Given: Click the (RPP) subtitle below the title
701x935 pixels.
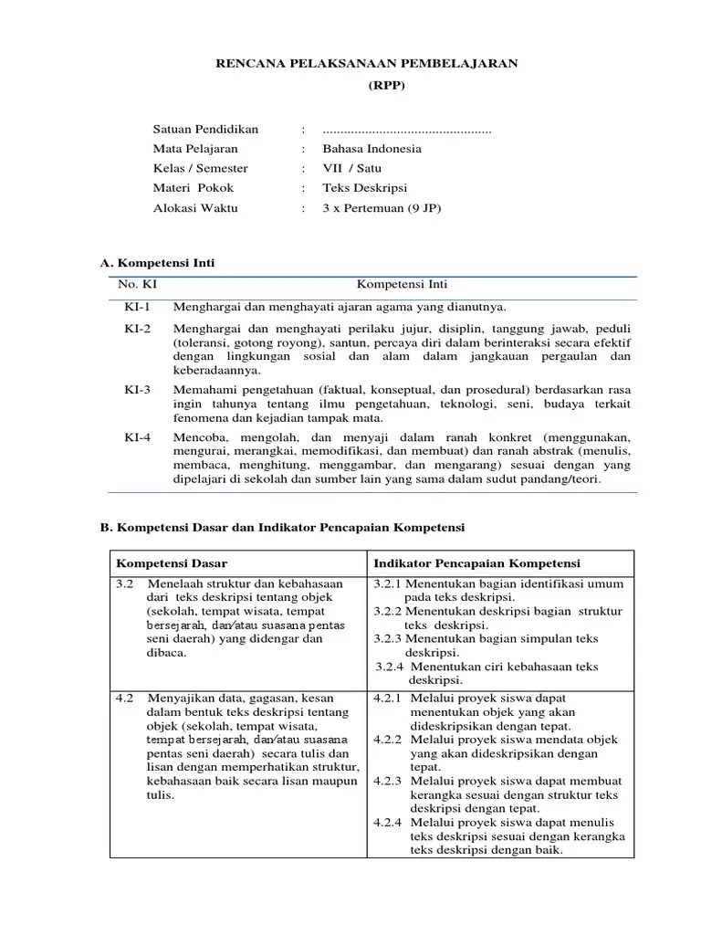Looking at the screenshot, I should [366, 88].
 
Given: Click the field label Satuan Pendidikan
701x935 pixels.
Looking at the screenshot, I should [205, 130].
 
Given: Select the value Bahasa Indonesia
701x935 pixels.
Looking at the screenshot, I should [371, 149].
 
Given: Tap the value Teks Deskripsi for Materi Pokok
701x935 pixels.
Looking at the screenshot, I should [364, 188].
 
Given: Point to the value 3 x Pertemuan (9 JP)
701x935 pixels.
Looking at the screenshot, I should [382, 208].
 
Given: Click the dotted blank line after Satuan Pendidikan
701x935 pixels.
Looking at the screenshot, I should [407, 131].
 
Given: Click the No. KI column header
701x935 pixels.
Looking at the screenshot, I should [138, 285].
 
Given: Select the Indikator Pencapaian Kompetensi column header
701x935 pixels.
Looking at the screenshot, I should [476, 563].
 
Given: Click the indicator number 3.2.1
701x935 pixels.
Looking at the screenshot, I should [388, 583].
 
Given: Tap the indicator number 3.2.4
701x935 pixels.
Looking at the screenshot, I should [392, 667].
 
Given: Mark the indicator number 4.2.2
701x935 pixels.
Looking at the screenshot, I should [388, 740].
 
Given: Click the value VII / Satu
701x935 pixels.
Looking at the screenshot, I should [352, 169].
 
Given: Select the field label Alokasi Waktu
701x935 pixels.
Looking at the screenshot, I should [195, 208].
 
